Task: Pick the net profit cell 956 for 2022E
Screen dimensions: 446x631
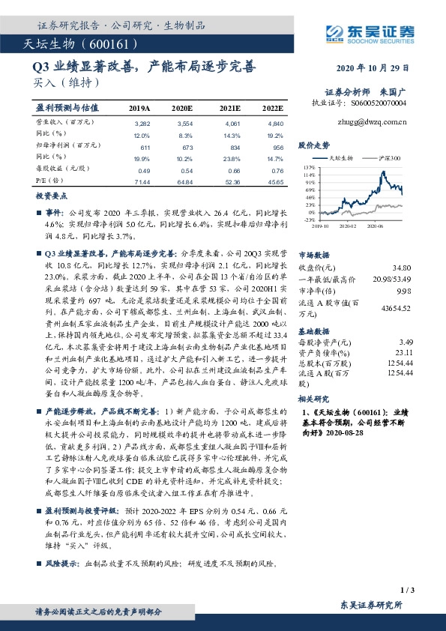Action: (277, 150)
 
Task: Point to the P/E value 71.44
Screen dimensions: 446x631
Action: (141, 183)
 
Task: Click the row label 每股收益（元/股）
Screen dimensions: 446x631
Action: (62, 170)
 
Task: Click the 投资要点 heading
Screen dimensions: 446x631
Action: (51, 195)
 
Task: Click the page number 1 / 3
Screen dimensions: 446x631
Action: (408, 591)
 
